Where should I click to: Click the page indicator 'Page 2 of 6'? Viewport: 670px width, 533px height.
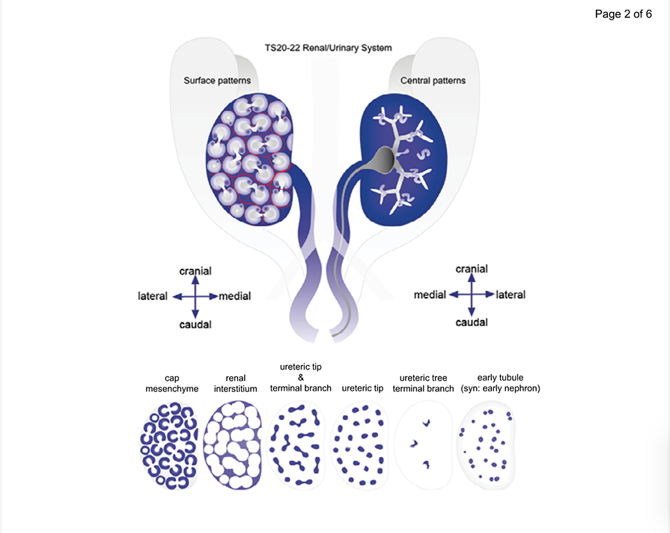[623, 13]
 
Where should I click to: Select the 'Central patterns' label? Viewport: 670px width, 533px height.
[433, 80]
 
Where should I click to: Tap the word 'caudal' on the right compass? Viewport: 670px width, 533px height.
[472, 322]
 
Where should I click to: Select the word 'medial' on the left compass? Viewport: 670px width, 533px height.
[235, 296]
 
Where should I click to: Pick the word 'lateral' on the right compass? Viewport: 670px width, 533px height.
[511, 295]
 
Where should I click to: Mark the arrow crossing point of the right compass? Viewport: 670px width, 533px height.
[472, 295]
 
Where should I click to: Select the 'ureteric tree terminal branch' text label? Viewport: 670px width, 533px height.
[423, 383]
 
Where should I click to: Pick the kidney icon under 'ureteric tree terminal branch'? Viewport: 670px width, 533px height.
[423, 445]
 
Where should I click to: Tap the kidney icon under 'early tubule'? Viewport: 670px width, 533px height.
[487, 445]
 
